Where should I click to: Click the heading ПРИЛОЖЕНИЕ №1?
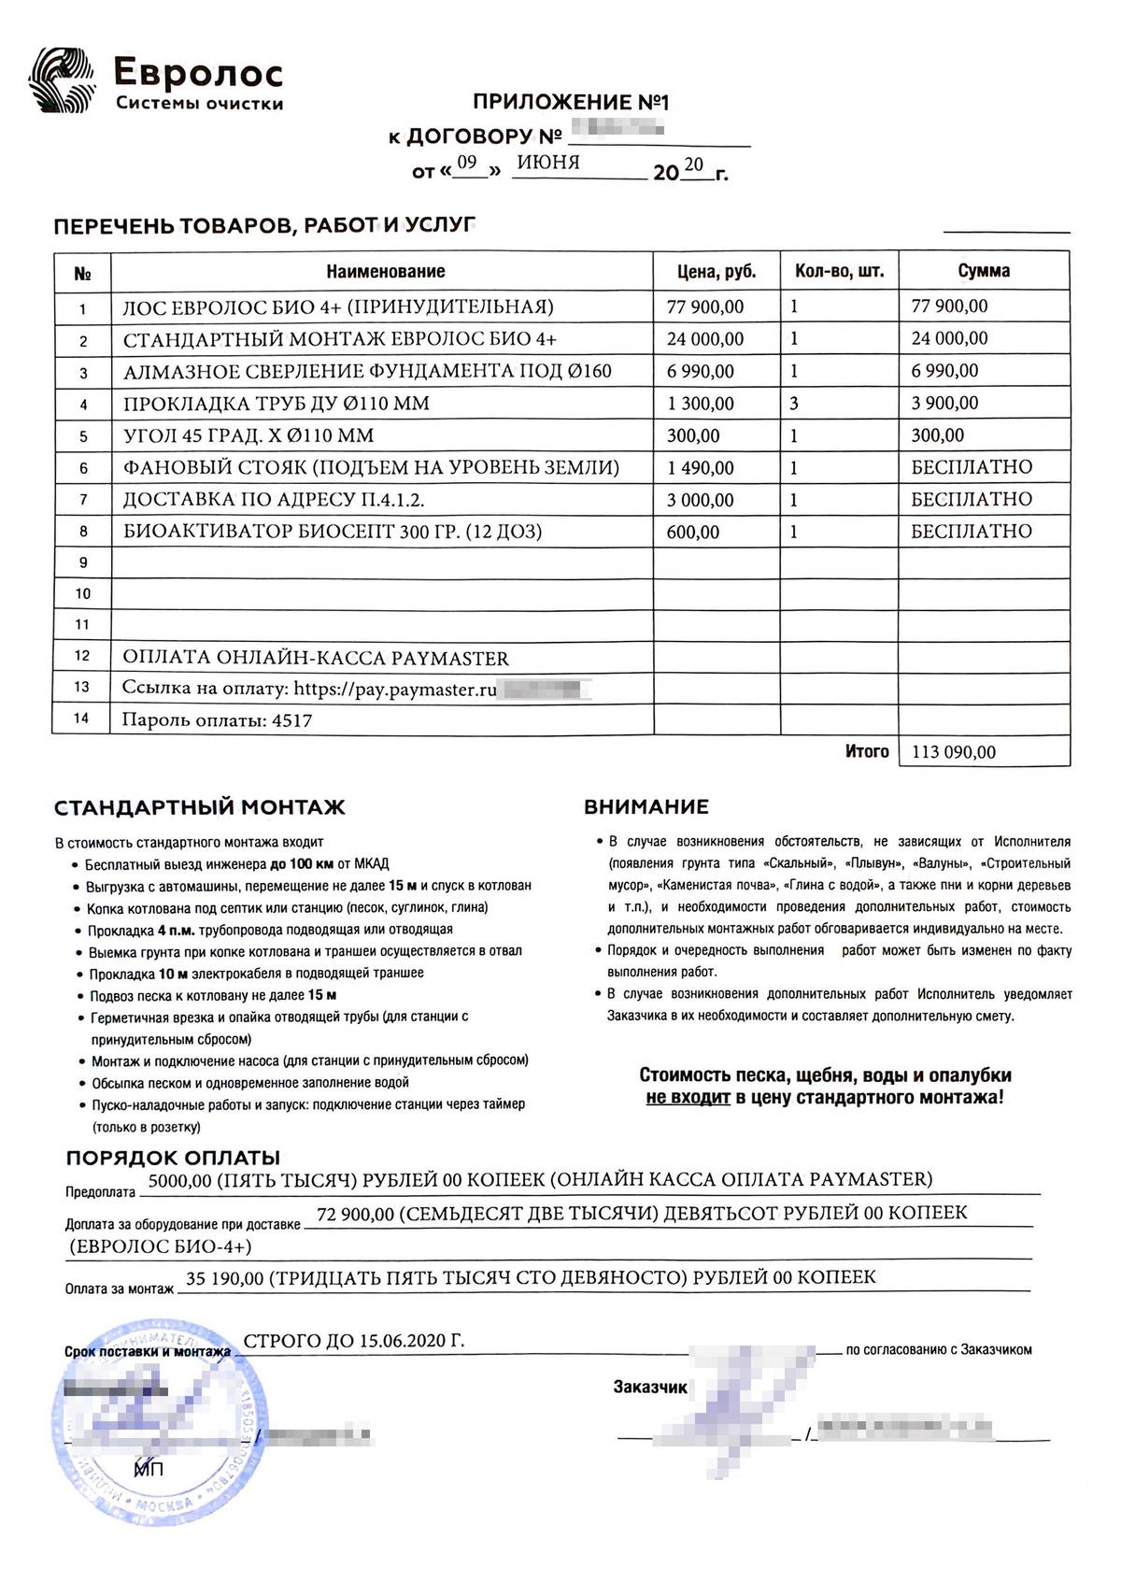pyautogui.click(x=571, y=102)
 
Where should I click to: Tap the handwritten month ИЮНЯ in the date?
pyautogui.click(x=548, y=163)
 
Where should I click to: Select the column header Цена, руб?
pyautogui.click(x=717, y=272)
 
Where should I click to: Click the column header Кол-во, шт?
pyautogui.click(x=839, y=272)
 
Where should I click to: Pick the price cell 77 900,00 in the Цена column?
pyautogui.click(x=705, y=306)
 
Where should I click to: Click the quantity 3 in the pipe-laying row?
pyautogui.click(x=794, y=404)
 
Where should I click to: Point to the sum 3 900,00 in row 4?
pyautogui.click(x=944, y=404)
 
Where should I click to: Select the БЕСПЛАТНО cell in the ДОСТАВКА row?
pyautogui.click(x=972, y=500)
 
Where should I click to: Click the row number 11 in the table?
pyautogui.click(x=82, y=624)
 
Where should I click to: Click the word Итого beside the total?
pyautogui.click(x=867, y=751)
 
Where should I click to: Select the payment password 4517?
pyautogui.click(x=291, y=720)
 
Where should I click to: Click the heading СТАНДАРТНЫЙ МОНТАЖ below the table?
pyautogui.click(x=199, y=807)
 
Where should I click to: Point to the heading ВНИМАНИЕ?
pyautogui.click(x=646, y=807)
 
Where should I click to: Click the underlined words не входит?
pyautogui.click(x=688, y=1098)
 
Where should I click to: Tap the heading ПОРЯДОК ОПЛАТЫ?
pyautogui.click(x=173, y=1159)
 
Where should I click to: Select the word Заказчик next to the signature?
pyautogui.click(x=650, y=1388)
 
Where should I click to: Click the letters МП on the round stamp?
pyautogui.click(x=149, y=1470)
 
